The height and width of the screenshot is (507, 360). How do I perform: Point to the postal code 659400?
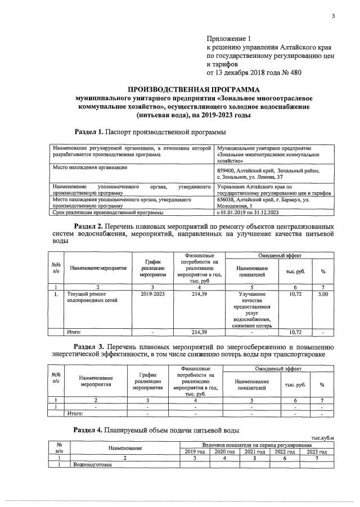(x=228, y=170)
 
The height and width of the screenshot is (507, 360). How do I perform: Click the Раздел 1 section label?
(x=89, y=132)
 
